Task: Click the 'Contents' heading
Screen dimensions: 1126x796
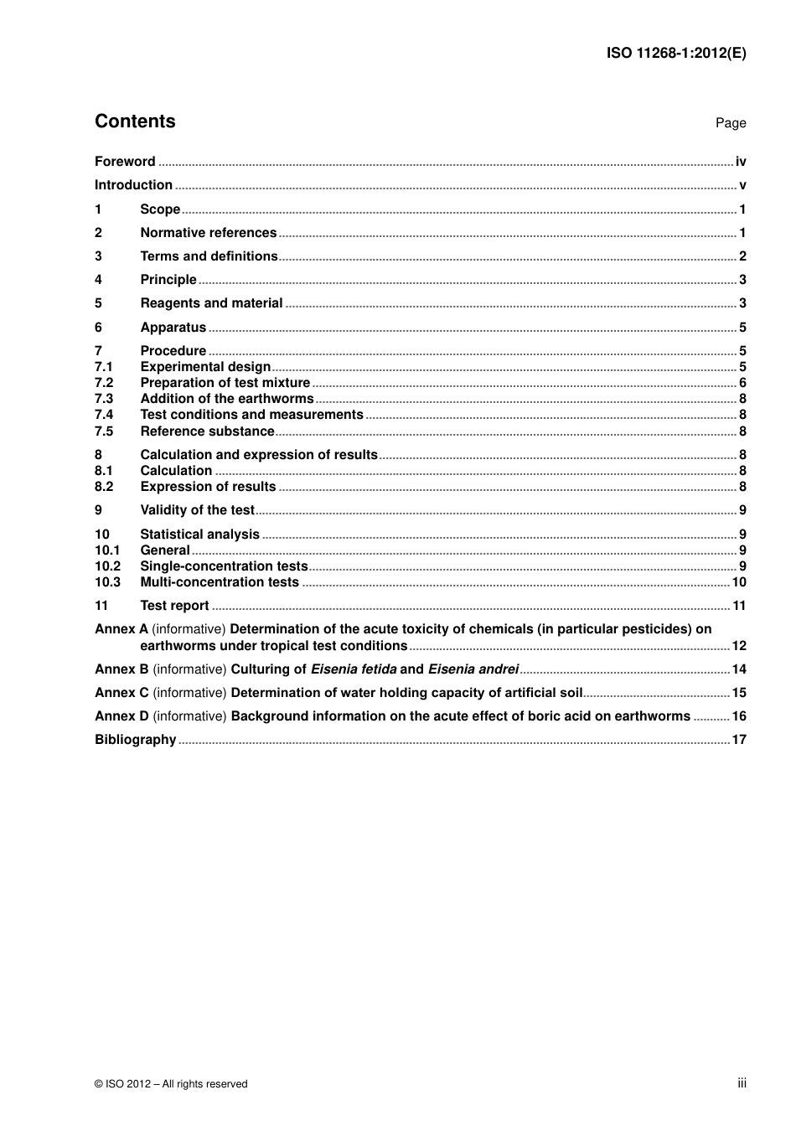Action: click(x=135, y=121)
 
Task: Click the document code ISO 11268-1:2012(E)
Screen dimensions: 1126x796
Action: click(x=675, y=53)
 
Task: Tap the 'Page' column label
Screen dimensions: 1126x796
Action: click(x=730, y=123)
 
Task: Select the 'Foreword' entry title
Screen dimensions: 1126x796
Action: click(x=125, y=162)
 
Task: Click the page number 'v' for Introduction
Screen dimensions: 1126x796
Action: click(x=742, y=185)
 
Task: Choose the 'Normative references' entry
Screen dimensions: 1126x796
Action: click(x=208, y=233)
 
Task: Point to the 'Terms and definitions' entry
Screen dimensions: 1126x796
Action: click(x=209, y=256)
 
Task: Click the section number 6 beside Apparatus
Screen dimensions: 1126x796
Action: click(x=98, y=328)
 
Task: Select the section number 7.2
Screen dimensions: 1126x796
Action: click(x=103, y=383)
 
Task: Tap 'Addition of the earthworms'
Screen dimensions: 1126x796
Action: click(x=226, y=399)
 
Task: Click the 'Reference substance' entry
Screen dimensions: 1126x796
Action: click(x=207, y=431)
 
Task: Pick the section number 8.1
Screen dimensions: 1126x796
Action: click(x=103, y=471)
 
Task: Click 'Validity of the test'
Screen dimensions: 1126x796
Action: click(x=197, y=510)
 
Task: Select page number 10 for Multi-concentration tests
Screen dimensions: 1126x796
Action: click(x=738, y=582)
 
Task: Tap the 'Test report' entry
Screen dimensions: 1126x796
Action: click(x=174, y=606)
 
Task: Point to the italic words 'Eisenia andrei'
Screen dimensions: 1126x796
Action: click(x=473, y=669)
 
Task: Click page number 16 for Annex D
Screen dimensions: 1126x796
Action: click(x=738, y=716)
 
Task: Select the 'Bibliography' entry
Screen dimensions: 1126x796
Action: click(x=135, y=740)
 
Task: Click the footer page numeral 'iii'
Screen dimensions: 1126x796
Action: click(x=742, y=1083)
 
